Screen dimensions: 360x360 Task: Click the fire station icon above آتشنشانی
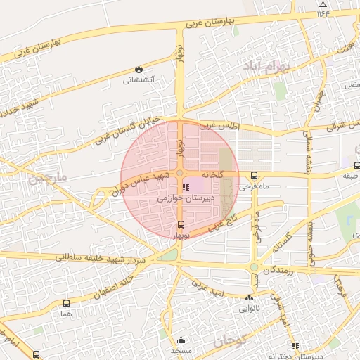[139, 70]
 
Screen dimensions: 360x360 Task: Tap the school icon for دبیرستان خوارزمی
[186, 188]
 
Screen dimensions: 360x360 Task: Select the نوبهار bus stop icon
[182, 225]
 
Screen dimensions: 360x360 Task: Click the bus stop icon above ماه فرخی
[254, 176]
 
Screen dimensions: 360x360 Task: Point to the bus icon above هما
[66, 303]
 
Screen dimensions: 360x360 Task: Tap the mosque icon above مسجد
[181, 340]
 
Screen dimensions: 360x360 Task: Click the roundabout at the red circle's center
[180, 173]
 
